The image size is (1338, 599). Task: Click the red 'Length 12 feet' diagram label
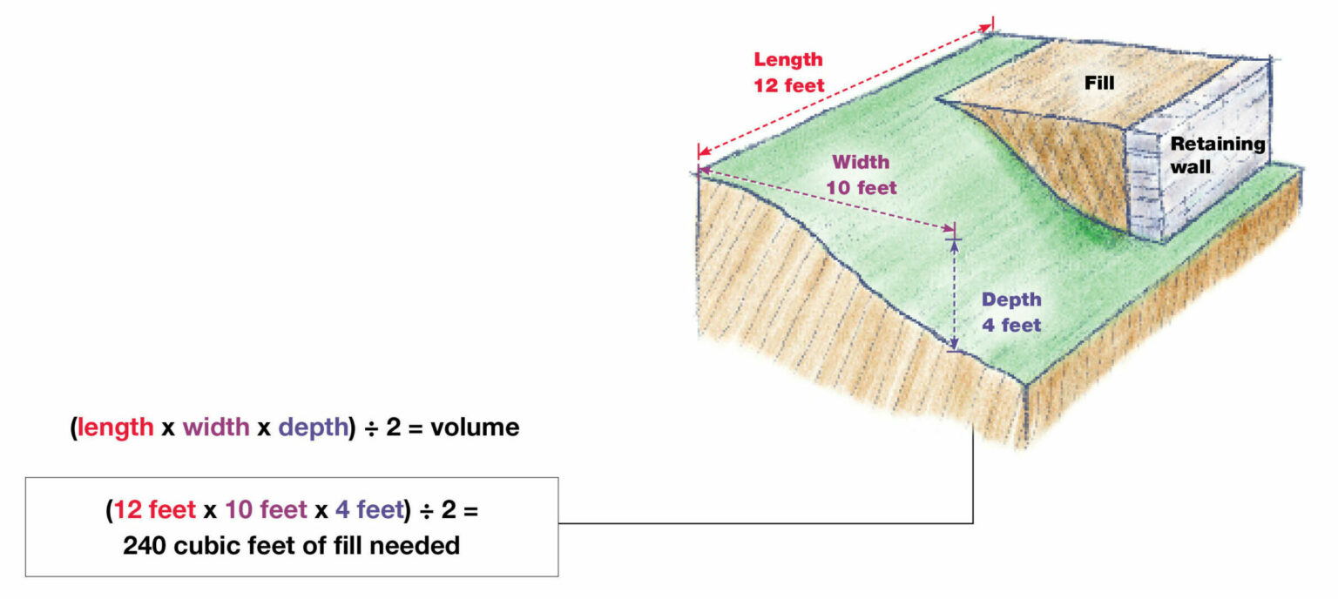tap(788, 73)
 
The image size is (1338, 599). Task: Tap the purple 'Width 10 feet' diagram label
tap(861, 174)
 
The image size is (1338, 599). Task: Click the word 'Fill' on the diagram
tap(1099, 84)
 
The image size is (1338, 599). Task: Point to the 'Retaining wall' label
tap(1216, 155)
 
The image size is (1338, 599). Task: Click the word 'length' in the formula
tap(116, 428)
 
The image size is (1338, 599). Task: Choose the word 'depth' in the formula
tap(313, 428)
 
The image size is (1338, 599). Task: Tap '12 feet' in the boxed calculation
tap(155, 510)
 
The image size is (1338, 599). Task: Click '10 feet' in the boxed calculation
tap(267, 510)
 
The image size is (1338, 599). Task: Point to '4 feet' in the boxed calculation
tap(370, 510)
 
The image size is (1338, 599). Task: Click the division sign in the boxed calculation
tap(428, 510)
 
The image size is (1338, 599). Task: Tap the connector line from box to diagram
tap(767, 523)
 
